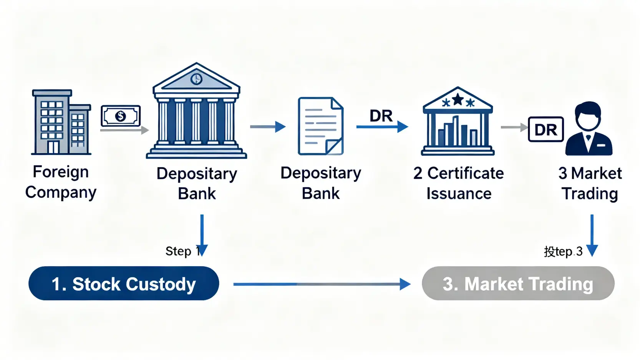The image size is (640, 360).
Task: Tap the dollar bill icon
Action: [121, 116]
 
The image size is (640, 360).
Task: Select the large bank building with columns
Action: [196, 111]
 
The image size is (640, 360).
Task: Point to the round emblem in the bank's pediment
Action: [196, 79]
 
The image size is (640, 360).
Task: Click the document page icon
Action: [320, 126]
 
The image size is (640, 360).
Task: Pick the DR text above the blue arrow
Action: [381, 116]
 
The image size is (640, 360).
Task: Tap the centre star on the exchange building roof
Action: [458, 100]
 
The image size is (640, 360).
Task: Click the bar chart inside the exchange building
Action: [457, 133]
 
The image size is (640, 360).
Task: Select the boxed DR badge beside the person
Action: [545, 129]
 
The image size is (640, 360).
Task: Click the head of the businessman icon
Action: [588, 115]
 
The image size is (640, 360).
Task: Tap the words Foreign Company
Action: [61, 182]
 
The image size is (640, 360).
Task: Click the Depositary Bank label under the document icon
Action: [320, 183]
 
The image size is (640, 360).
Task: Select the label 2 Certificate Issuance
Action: [458, 183]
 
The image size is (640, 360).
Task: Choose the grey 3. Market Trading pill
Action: [518, 284]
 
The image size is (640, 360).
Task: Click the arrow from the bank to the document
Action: [268, 126]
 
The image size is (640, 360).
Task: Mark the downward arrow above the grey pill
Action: [592, 234]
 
